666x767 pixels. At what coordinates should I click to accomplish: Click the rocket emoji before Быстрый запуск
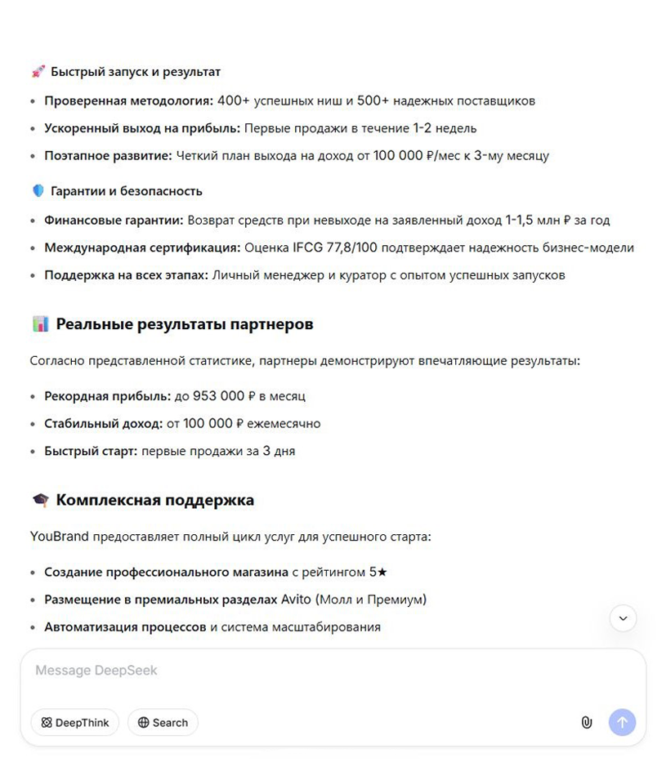[38, 72]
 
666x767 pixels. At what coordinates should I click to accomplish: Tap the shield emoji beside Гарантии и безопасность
[38, 191]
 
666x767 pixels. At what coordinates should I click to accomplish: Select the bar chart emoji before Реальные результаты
[40, 324]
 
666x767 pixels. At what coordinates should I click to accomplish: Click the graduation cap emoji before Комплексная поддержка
[40, 500]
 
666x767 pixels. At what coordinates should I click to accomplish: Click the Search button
[163, 722]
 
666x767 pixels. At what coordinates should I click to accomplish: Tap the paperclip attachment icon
[586, 722]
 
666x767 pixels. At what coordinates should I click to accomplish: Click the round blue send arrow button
[622, 722]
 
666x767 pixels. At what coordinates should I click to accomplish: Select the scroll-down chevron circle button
[623, 618]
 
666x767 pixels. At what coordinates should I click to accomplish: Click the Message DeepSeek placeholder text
[96, 671]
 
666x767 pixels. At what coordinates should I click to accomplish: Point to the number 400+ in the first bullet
[234, 101]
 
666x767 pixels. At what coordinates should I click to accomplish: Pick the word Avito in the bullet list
[296, 600]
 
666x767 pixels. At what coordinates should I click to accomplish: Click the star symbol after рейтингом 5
[382, 572]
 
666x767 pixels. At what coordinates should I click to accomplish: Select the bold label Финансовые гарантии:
[114, 220]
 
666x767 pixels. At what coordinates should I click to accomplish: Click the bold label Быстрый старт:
[91, 451]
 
